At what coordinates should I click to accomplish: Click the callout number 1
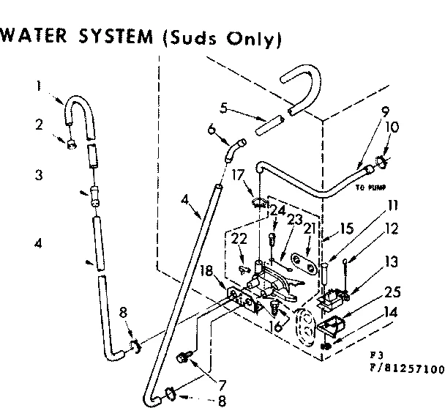tap(37, 86)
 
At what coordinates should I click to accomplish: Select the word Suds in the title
tap(187, 38)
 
